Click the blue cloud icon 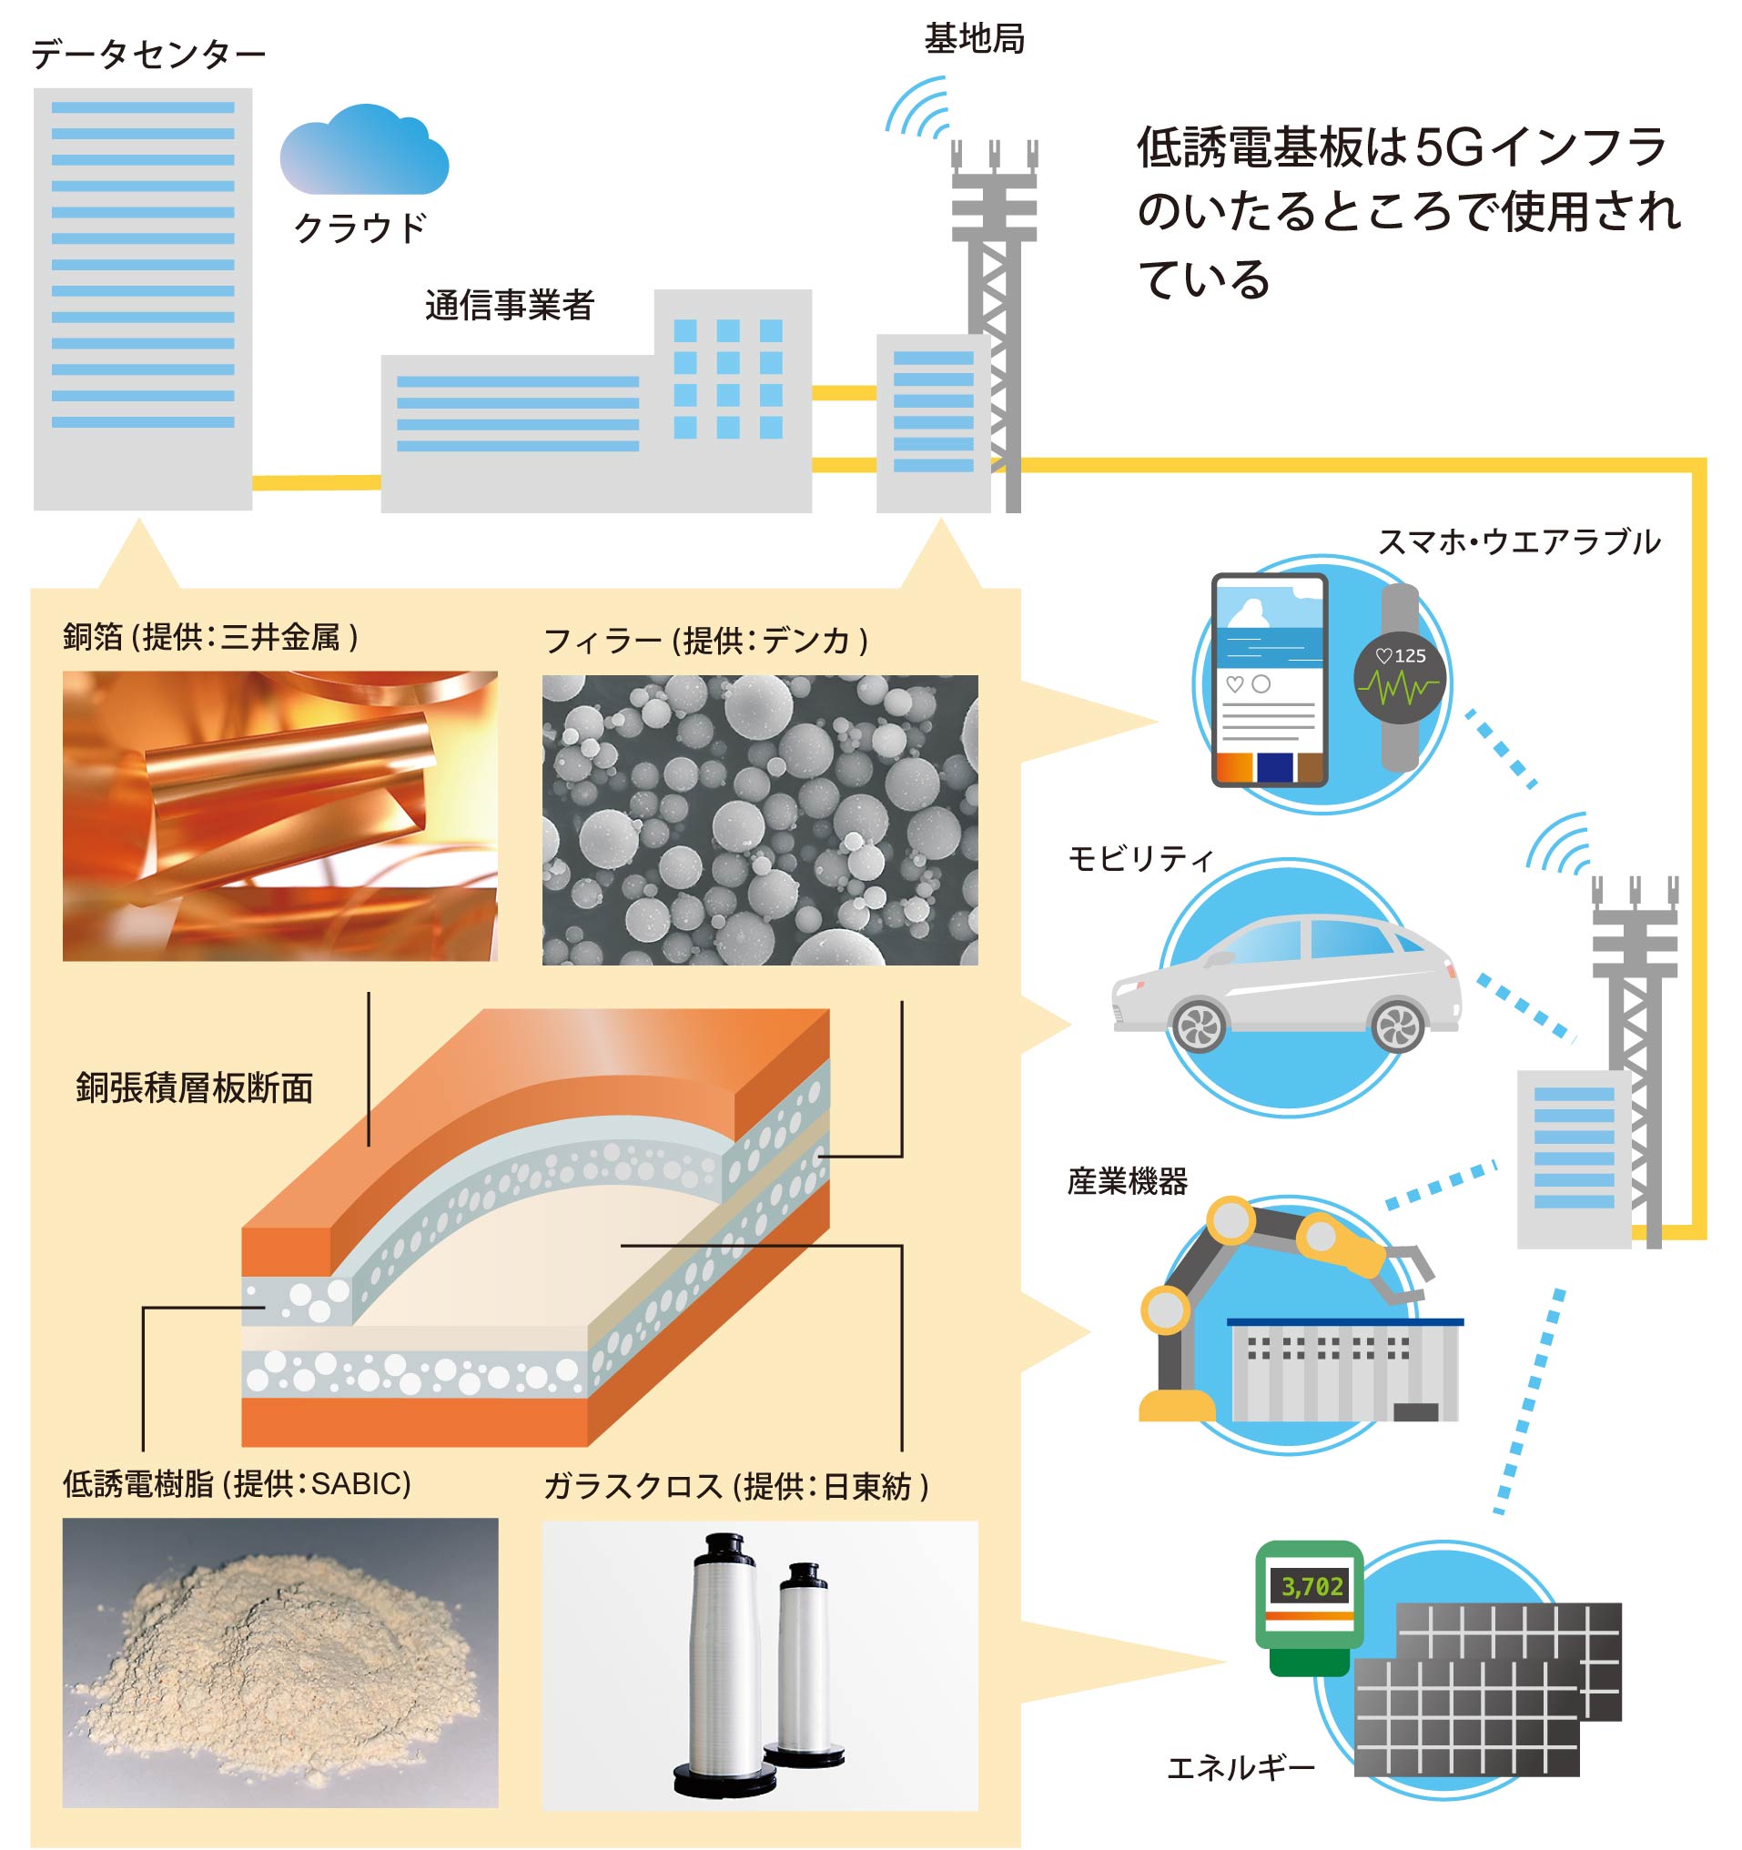tap(364, 150)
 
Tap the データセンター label tap(148, 55)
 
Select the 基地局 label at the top tap(973, 39)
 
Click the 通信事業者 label tap(509, 305)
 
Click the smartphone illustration tap(1269, 680)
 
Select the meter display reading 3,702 tap(1312, 1586)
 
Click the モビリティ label tap(1139, 858)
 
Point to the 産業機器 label tap(1127, 1182)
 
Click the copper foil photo tap(280, 816)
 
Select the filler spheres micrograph tap(759, 820)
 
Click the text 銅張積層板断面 tap(195, 1087)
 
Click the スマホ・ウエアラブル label tap(1518, 541)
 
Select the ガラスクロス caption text tap(633, 1486)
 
